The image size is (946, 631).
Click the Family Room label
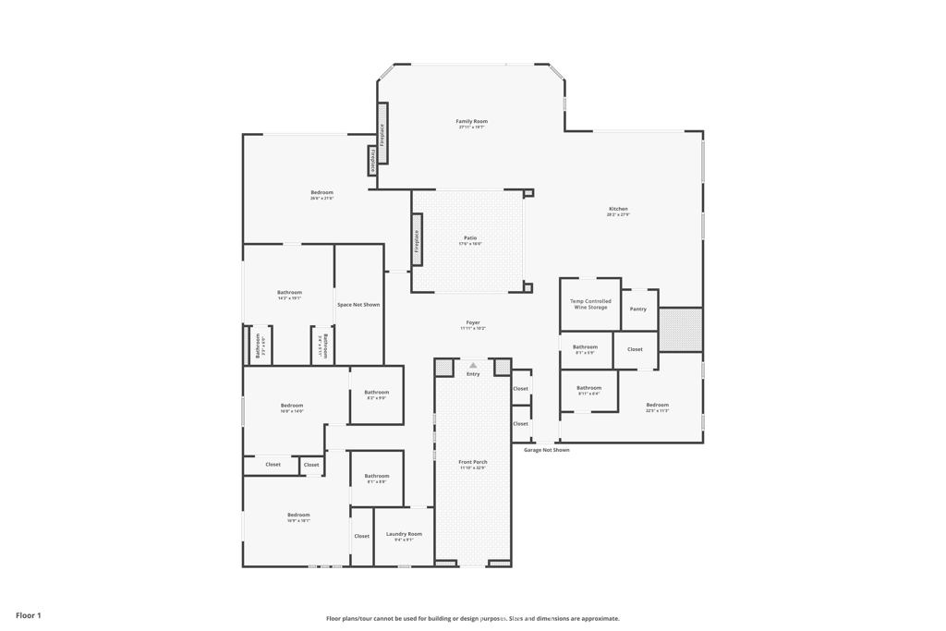pos(471,121)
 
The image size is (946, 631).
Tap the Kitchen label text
pos(618,209)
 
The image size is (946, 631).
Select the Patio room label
pos(470,238)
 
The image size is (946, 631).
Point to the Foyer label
pos(472,323)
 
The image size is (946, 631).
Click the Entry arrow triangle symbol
pos(473,366)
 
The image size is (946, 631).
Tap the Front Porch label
pos(473,462)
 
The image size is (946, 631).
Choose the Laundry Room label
pos(404,534)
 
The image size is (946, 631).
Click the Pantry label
pos(638,309)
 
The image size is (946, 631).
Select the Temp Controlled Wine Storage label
pos(590,304)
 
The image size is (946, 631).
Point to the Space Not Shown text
pos(358,305)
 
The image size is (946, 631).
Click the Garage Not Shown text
pos(547,450)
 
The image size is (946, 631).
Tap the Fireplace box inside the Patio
pos(417,241)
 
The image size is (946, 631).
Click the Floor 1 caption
pos(29,615)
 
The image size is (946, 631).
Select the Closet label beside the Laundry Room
pos(361,536)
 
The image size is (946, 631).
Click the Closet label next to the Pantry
pos(635,349)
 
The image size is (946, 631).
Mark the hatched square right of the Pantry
pos(680,329)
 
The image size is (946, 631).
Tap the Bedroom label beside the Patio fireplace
pos(321,192)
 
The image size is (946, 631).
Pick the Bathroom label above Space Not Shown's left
pos(289,293)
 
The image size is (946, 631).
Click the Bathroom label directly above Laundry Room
pos(377,476)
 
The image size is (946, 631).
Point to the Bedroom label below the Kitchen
pos(658,405)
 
